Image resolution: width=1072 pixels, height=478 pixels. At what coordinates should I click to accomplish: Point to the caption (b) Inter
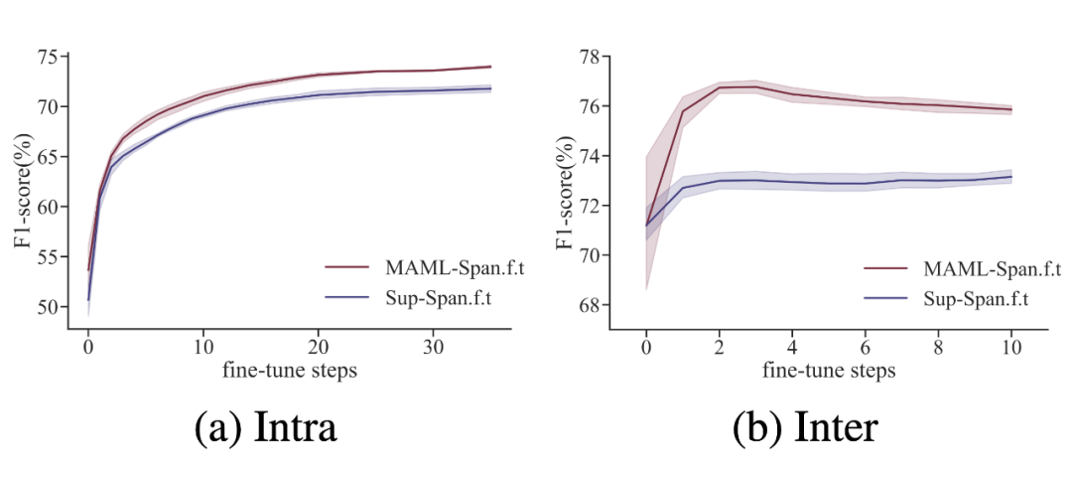pyautogui.click(x=805, y=426)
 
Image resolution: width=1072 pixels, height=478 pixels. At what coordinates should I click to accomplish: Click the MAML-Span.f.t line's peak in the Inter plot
pyautogui.click(x=755, y=86)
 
